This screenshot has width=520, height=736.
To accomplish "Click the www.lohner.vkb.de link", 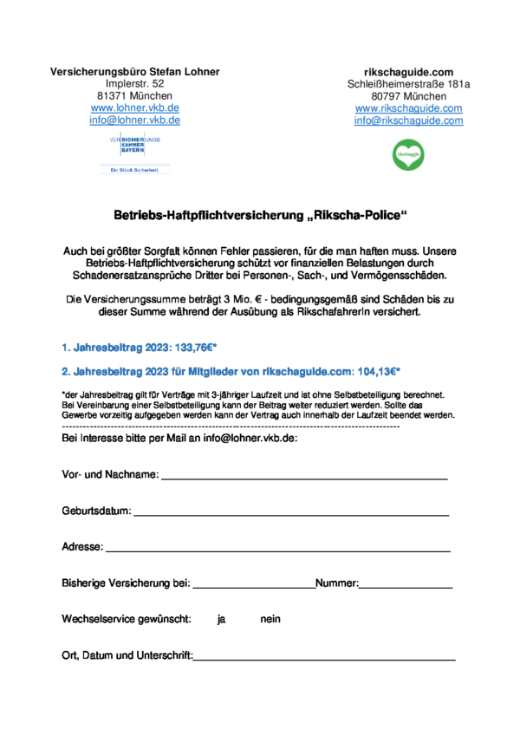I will (x=134, y=108).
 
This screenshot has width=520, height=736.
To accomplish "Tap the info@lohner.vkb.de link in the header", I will (x=134, y=120).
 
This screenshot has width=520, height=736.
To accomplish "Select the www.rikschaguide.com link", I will (x=408, y=108).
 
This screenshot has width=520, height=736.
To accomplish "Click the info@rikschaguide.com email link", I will (x=408, y=120).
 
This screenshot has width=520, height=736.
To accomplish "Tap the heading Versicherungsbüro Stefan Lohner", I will (x=135, y=71).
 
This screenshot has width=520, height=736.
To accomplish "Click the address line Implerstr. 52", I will (x=134, y=83).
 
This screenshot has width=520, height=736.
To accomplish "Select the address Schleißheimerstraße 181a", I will (x=408, y=84).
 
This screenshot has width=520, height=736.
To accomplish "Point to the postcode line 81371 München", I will (x=134, y=96).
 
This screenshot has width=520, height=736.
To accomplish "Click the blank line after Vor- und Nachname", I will (x=304, y=477).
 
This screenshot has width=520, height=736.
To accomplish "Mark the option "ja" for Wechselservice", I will (x=222, y=620).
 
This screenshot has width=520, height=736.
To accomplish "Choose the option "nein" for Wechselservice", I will (x=270, y=620).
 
